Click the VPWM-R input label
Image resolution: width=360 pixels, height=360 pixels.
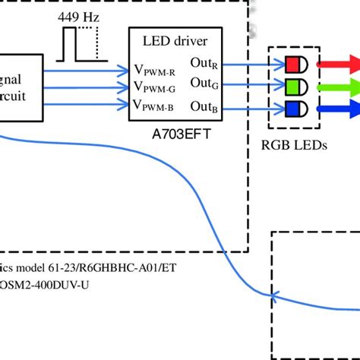click(x=156, y=70)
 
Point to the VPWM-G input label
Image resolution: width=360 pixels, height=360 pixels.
click(x=156, y=87)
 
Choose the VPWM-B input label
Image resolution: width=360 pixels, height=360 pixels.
click(x=156, y=105)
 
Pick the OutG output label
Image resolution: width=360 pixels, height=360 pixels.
click(x=204, y=82)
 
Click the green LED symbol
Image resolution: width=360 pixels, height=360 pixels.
click(x=295, y=86)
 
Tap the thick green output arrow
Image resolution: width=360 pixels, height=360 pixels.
click(x=339, y=86)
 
